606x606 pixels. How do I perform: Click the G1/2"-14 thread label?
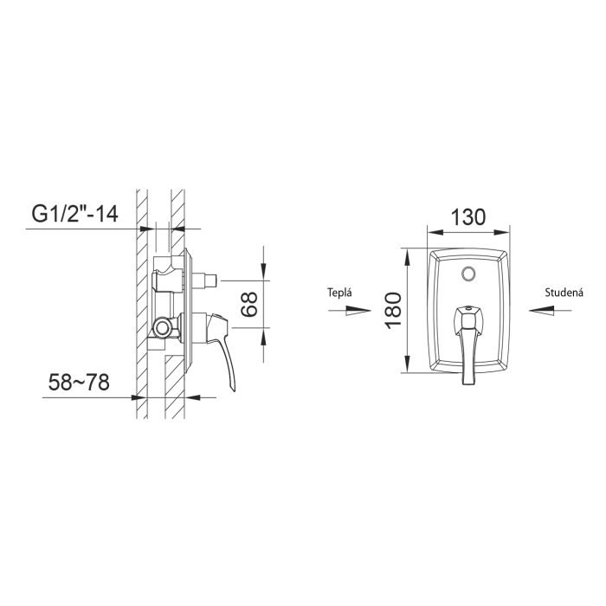74,214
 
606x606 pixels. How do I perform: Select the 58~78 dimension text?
79,383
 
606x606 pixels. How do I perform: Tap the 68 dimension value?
249,304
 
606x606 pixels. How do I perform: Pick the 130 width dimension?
467,216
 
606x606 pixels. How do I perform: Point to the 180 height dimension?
394,311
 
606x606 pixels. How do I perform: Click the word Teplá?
339,293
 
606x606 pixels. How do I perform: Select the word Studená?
564,293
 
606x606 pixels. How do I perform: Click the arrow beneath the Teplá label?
350,310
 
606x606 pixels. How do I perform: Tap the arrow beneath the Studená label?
550,310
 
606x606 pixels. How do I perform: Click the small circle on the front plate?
468,274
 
